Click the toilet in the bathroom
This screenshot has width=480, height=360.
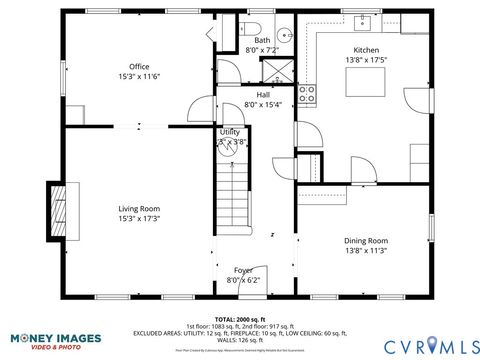pyautogui.click(x=253, y=27)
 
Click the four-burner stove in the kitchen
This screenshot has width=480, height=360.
pyautogui.click(x=308, y=95)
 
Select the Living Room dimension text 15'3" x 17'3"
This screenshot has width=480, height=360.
pyautogui.click(x=139, y=217)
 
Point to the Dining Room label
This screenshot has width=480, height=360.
pyautogui.click(x=365, y=240)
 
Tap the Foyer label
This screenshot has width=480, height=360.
pyautogui.click(x=243, y=270)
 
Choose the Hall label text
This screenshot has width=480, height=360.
pyautogui.click(x=262, y=94)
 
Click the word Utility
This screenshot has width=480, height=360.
pyautogui.click(x=229, y=132)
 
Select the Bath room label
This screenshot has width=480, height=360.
pyautogui.click(x=261, y=40)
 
